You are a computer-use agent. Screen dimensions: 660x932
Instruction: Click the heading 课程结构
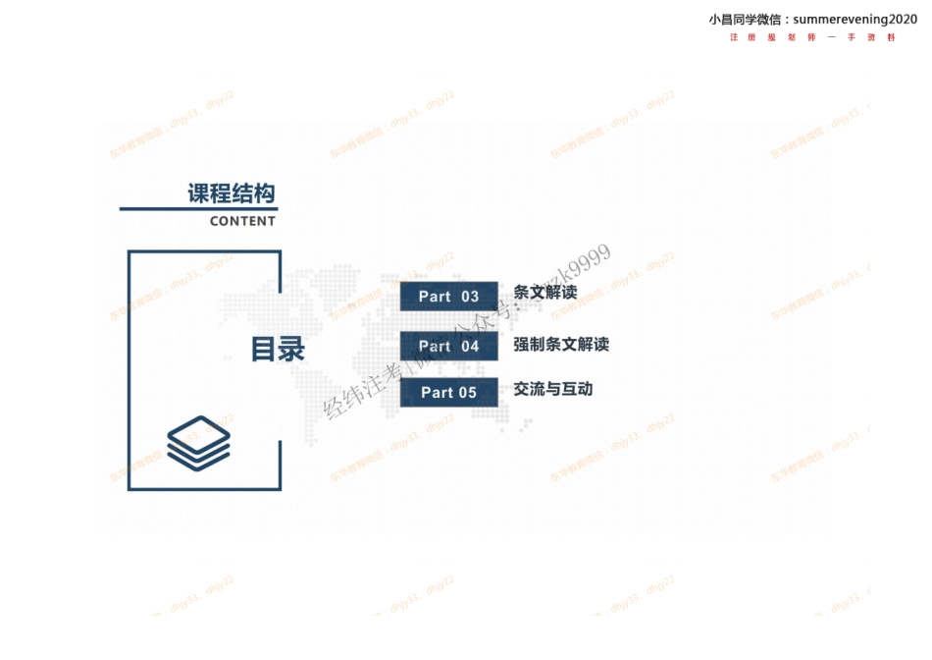232,193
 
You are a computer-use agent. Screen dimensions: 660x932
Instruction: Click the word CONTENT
242,221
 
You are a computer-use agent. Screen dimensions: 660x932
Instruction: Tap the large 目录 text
278,349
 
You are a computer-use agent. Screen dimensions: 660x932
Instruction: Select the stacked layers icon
198,442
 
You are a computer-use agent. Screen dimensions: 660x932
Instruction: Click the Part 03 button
448,297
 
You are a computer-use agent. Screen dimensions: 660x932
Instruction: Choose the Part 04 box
448,346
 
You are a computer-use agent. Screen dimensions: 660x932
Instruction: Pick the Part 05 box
448,393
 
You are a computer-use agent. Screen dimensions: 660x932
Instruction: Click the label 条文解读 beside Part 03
545,293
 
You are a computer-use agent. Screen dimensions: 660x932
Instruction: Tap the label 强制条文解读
561,345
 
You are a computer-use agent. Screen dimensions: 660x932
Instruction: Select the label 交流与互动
553,389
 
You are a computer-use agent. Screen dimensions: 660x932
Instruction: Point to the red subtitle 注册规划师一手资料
813,37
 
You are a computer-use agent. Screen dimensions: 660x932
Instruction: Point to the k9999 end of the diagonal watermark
586,261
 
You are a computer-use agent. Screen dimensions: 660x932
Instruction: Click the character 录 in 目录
291,349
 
